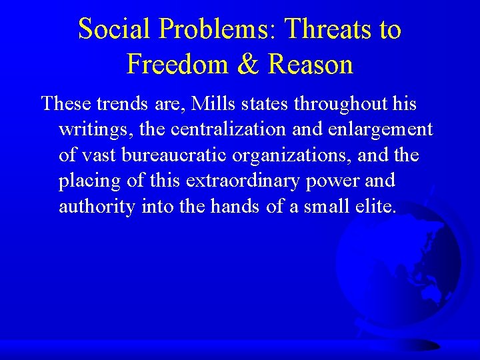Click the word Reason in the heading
310,65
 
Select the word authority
97,207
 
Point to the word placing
86,181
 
